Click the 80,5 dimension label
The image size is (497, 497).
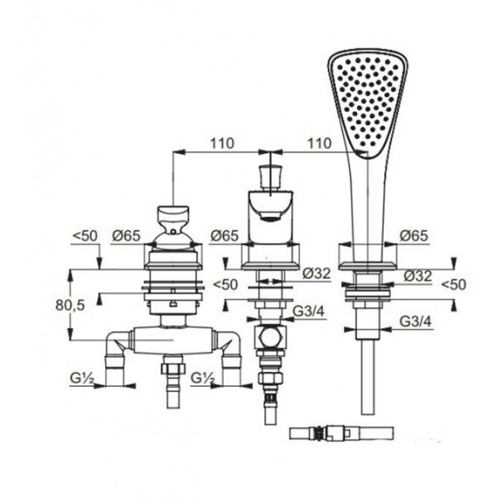(x=70, y=305)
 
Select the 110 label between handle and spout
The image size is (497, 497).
(x=222, y=143)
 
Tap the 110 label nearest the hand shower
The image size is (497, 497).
(x=319, y=143)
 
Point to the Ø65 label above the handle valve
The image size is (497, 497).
(x=126, y=236)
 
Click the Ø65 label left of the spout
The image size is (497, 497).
(x=224, y=236)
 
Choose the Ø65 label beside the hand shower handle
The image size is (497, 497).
(x=413, y=236)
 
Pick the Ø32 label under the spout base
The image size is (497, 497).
(x=316, y=273)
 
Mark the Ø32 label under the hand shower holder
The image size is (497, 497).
(x=417, y=276)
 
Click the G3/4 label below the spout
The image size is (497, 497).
(x=309, y=311)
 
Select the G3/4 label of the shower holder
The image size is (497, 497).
(x=416, y=322)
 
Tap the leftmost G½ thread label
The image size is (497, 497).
(x=82, y=378)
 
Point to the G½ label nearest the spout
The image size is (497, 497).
(x=203, y=378)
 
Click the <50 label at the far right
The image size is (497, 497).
(x=454, y=285)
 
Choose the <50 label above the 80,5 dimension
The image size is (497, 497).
(x=85, y=236)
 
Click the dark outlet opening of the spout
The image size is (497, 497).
(x=269, y=217)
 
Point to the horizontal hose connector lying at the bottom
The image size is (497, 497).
(x=341, y=433)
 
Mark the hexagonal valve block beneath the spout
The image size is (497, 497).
(x=270, y=337)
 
